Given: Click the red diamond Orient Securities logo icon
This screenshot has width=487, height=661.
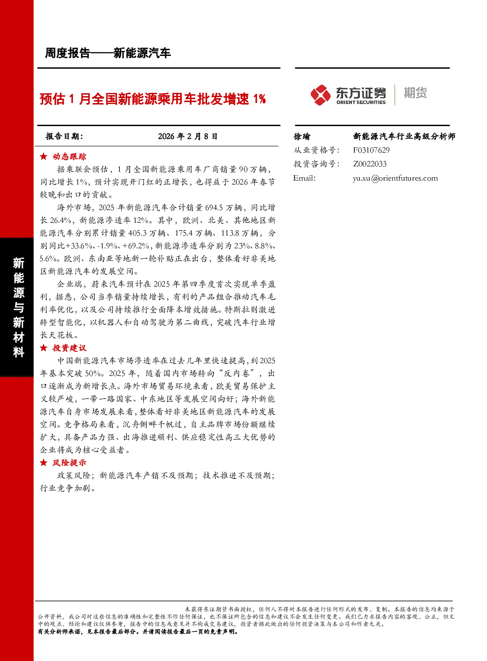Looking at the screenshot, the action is point(320,95).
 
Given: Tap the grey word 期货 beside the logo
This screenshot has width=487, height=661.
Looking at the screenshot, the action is point(415,93).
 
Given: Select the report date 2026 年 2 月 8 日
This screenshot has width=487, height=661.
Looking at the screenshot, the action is point(188,136).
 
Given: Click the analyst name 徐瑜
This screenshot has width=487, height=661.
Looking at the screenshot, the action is point(301,136).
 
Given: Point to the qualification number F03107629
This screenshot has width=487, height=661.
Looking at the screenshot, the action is point(371,150).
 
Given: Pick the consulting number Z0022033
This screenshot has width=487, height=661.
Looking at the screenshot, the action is point(370,164).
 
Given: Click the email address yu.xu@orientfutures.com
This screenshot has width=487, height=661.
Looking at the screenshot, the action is point(395,178).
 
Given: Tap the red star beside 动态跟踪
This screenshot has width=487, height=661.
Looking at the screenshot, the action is point(44,157).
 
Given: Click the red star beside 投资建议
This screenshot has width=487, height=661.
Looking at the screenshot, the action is point(44,348).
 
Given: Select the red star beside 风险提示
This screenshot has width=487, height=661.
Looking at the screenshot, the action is point(44,463).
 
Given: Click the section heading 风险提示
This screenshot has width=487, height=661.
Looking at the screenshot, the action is point(69,463).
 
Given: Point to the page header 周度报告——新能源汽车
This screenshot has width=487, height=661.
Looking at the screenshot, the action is point(108,53).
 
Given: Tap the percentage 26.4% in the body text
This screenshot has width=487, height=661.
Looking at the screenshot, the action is point(60,220).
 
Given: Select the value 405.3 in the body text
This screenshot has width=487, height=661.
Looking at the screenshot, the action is point(137,233).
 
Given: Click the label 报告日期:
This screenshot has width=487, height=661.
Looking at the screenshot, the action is point(64,136).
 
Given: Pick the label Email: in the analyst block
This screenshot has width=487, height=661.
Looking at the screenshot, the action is point(304,178).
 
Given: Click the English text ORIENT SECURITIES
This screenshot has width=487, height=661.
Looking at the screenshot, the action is point(361,103).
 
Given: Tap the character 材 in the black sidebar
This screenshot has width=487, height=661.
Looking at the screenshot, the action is point(19,337).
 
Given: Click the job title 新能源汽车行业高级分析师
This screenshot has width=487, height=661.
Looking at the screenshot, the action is point(404,136).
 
